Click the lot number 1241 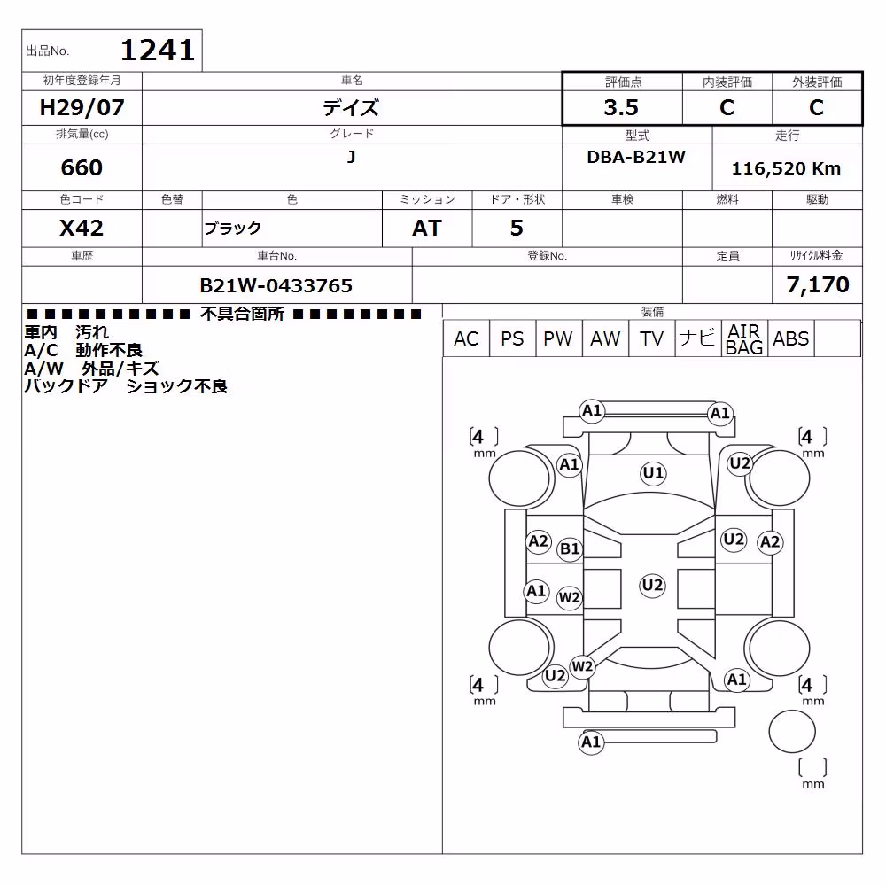(x=158, y=51)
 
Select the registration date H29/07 (x=82, y=107)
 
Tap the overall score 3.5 (x=621, y=107)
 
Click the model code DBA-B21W (x=636, y=157)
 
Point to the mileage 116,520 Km (x=786, y=168)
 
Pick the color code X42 (x=82, y=229)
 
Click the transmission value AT (x=427, y=229)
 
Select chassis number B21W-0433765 (x=276, y=286)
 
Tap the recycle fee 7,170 (x=818, y=284)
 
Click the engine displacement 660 (x=82, y=167)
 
